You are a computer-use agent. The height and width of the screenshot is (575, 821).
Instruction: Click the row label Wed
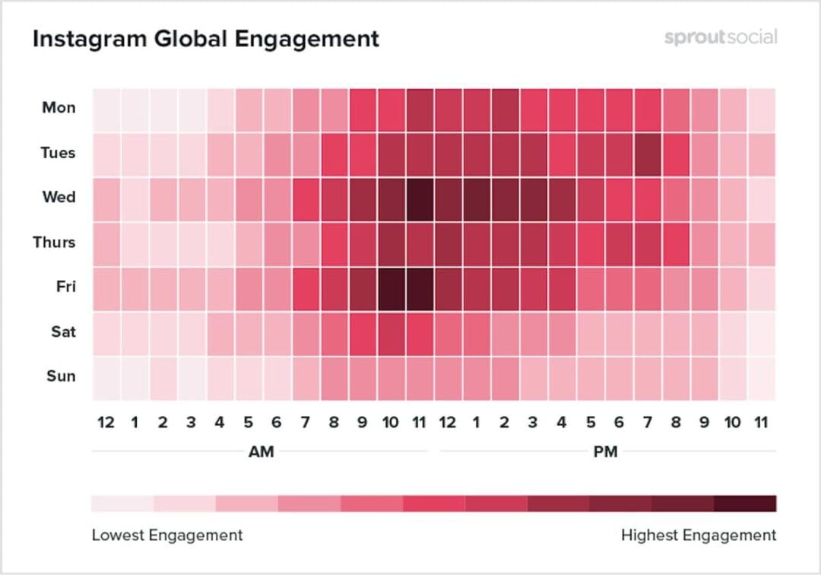tap(59, 198)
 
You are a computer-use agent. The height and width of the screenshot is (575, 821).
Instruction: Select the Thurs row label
tap(54, 243)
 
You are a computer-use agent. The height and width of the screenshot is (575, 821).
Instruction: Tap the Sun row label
tap(60, 376)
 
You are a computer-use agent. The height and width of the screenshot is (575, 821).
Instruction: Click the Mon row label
tap(59, 108)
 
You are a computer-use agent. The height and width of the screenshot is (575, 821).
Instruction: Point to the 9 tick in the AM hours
tap(362, 422)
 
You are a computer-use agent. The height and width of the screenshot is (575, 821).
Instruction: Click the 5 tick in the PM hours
tap(590, 422)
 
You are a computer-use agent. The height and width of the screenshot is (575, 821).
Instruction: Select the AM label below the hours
tap(261, 452)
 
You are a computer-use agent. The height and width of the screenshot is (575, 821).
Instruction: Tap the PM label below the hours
tap(605, 452)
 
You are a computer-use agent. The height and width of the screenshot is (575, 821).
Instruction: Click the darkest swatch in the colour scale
tap(745, 504)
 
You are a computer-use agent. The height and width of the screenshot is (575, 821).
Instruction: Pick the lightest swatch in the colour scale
tap(122, 504)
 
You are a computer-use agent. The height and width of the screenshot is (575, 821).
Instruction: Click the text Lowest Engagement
tap(167, 535)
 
